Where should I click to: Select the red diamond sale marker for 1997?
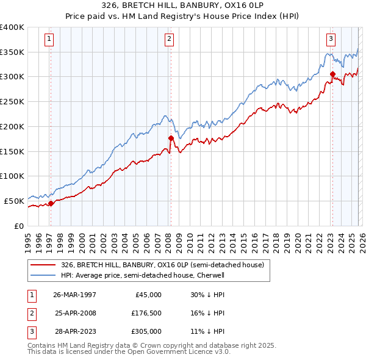51,203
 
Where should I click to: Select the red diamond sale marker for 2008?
171,138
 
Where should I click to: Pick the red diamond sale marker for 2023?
332,74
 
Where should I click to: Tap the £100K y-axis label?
12,176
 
